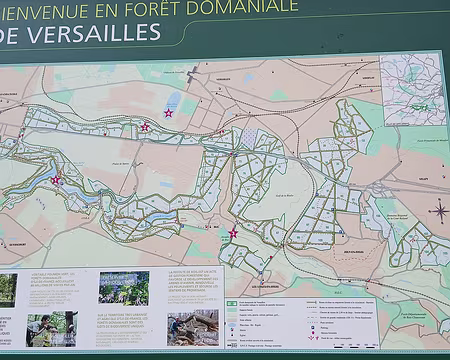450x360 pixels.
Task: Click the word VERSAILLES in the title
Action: point(97,33)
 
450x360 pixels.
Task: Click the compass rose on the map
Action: point(438,210)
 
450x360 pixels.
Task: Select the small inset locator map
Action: point(411,89)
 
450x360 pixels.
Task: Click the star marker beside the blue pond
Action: point(168,113)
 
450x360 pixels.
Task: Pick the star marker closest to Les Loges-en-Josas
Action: point(233,233)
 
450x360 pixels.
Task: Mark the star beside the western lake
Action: point(55,181)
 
